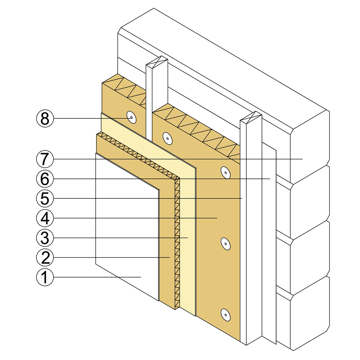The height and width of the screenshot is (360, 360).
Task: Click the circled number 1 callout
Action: [44, 277]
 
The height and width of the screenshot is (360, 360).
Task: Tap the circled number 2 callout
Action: [44, 257]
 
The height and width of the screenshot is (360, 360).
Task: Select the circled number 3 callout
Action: [44, 238]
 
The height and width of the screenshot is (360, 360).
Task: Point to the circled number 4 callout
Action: [44, 218]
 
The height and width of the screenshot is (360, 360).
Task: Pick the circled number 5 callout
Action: [44, 198]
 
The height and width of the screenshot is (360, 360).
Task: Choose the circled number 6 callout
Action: [44, 179]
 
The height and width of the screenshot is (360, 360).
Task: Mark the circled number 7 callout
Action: [44, 159]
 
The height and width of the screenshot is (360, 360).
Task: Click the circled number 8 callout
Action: [44, 118]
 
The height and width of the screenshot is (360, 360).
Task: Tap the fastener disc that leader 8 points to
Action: [131, 118]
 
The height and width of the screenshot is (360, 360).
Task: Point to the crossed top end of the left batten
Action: [156, 62]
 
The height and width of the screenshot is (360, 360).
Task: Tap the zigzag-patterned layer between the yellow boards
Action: [177, 240]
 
